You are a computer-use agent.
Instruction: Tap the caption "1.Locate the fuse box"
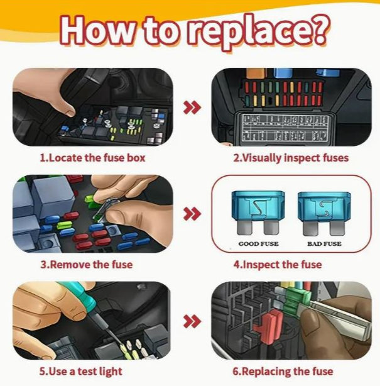92,158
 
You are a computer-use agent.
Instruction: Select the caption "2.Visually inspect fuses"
291,158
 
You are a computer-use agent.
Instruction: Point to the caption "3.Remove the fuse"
87,264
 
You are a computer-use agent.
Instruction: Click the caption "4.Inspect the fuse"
278,264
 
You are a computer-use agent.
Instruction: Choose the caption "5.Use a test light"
82,371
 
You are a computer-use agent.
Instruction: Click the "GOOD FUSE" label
259,243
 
